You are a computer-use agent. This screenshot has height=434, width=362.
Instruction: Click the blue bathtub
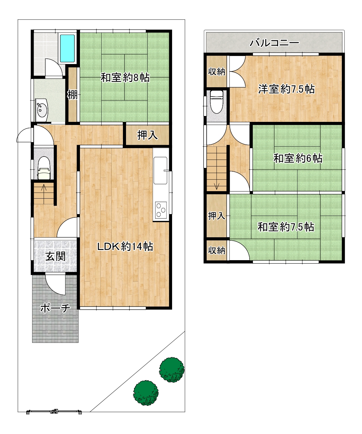[67, 49]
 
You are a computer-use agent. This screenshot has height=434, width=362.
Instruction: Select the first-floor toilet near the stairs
[44, 168]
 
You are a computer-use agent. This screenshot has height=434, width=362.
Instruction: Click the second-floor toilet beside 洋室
[217, 102]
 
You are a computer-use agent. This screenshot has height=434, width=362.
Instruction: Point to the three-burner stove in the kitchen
[161, 210]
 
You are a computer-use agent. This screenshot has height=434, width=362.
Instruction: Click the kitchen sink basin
[160, 170]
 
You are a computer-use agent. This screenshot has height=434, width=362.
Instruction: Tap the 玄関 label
[55, 256]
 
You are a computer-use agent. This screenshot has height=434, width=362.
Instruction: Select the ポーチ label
[55, 308]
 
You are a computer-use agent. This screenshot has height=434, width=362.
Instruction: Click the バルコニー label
[274, 43]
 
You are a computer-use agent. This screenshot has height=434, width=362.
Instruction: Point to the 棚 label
[73, 95]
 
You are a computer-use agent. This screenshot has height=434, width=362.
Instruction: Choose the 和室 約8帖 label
[125, 78]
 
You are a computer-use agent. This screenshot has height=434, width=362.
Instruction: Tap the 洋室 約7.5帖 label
[286, 89]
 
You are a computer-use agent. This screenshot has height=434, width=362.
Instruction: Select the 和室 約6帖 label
[298, 158]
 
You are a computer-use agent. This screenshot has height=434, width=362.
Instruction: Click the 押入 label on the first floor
[147, 135]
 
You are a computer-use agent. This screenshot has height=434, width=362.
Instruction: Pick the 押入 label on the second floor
[217, 216]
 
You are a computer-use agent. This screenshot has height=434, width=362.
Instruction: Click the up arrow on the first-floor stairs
[44, 187]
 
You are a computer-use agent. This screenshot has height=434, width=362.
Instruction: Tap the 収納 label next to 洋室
[217, 72]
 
